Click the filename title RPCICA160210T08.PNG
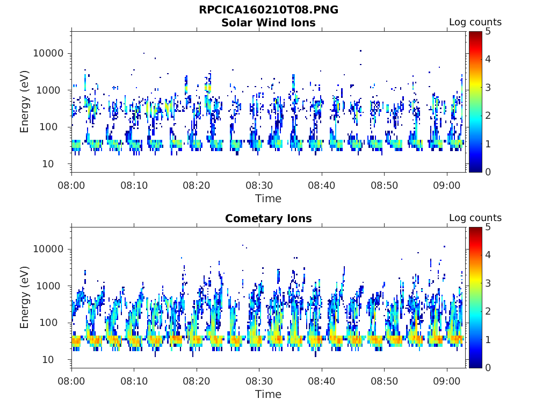click(x=269, y=10)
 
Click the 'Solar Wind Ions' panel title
click(x=269, y=23)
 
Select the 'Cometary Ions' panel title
click(x=269, y=218)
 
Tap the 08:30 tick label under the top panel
click(x=259, y=186)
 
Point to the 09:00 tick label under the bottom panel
click(x=447, y=381)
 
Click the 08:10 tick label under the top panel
click(x=134, y=186)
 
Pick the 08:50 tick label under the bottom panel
click(x=385, y=381)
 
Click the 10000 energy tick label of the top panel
click(x=48, y=53)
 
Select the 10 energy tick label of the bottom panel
click(x=48, y=360)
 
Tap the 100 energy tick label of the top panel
click(x=48, y=127)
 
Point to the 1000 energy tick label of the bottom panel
click(x=48, y=286)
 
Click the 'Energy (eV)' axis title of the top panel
click(x=24, y=102)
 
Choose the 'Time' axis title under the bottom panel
click(x=269, y=394)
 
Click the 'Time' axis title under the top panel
click(x=269, y=199)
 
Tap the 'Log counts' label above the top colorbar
click(x=475, y=22)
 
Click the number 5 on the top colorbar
click(x=488, y=32)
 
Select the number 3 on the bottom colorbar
click(x=488, y=283)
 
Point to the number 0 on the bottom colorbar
click(x=488, y=368)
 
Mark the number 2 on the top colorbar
click(x=488, y=116)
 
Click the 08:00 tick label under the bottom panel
click(x=71, y=381)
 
